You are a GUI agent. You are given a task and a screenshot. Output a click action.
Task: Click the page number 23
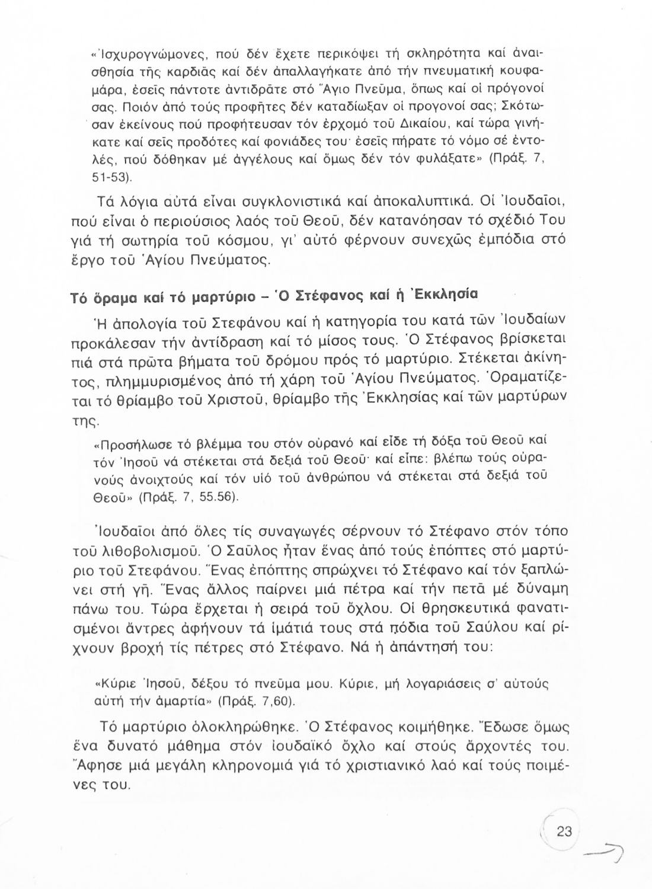click(x=564, y=832)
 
